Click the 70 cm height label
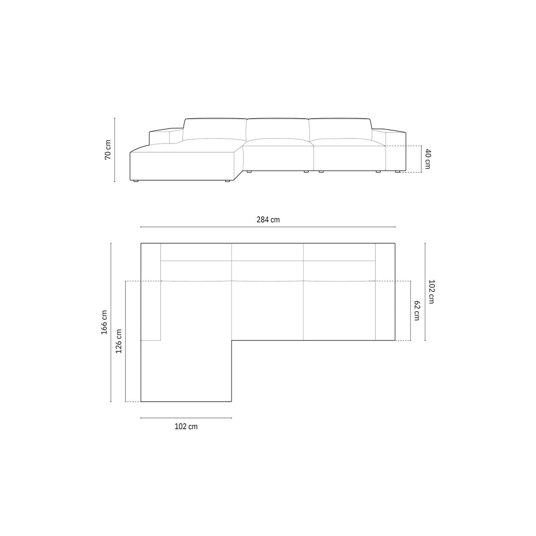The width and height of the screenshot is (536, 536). pos(108,150)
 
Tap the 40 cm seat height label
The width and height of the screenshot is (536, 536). pos(427,159)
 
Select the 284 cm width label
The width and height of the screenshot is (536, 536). pos(268,219)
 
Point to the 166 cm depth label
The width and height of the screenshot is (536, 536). pos(104,322)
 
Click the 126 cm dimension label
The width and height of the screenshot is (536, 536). pos(118,341)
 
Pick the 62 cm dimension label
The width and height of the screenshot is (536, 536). pos(417,311)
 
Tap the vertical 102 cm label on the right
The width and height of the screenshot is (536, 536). pos(431,292)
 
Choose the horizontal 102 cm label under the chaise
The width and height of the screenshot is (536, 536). pos(186,426)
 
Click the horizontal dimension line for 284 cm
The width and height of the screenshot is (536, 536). pos(268,227)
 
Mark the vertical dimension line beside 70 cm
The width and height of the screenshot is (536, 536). pos(115,150)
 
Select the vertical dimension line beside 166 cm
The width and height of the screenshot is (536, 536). pos(111,322)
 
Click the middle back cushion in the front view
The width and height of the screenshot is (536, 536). pos(277,129)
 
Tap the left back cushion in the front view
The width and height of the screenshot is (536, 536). pos(214,129)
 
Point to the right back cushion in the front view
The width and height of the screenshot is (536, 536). pos(340,129)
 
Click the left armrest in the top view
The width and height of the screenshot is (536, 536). pos(151,291)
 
